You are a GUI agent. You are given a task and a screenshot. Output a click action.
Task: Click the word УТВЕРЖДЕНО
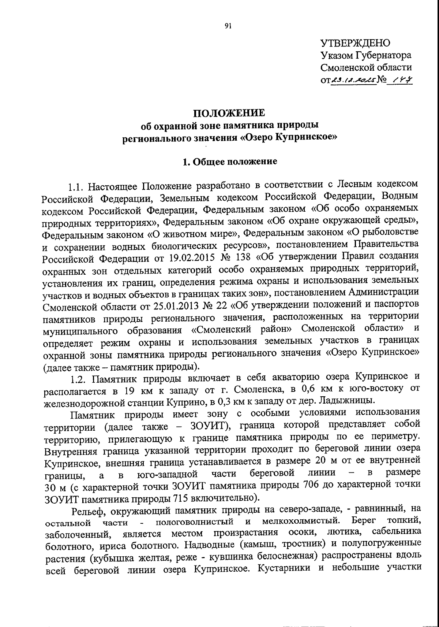[356, 43]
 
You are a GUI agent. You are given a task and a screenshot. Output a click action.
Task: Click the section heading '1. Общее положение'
[230, 161]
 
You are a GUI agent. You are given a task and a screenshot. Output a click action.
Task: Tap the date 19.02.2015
[188, 257]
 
